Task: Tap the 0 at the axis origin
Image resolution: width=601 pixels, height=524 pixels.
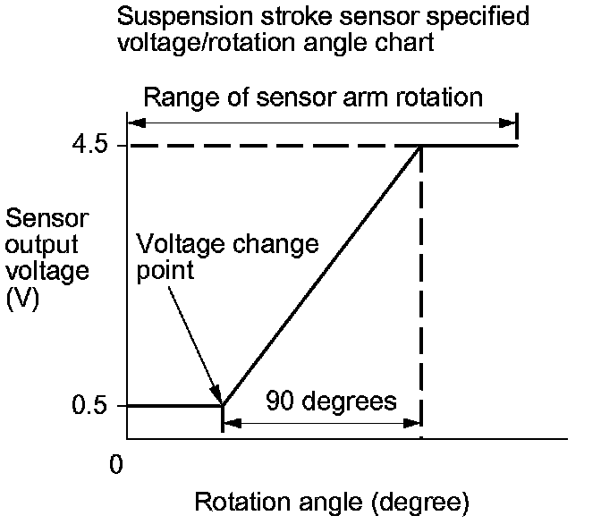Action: point(114,464)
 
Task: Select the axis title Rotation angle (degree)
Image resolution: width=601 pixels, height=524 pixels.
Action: point(332,502)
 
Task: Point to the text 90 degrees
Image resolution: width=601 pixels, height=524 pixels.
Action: point(331,401)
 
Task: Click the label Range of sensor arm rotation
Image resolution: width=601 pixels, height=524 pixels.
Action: point(313,97)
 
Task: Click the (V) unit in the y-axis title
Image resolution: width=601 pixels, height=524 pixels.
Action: point(21,301)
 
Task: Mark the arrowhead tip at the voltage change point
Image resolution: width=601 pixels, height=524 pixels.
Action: point(220,403)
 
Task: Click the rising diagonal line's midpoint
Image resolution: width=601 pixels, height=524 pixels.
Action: point(321,275)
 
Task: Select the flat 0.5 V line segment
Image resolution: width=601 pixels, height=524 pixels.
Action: point(174,406)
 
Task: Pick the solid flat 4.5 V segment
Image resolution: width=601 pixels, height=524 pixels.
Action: point(469,145)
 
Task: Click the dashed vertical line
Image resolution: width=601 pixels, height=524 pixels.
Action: point(420,295)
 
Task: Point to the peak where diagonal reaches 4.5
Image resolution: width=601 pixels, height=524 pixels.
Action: point(420,146)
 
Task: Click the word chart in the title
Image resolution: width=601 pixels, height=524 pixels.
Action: point(410,42)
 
